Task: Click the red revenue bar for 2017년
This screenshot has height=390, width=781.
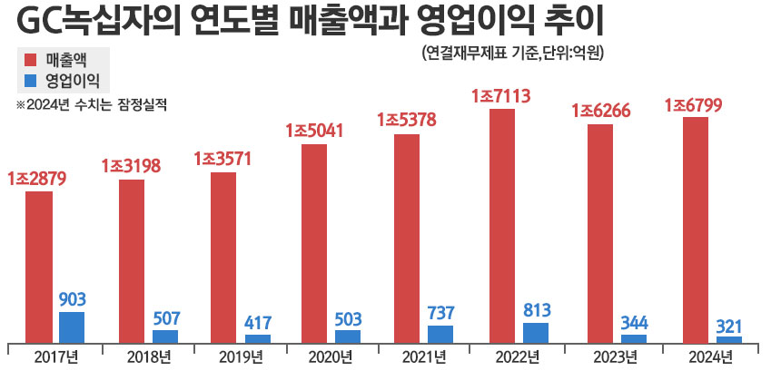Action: tap(38, 267)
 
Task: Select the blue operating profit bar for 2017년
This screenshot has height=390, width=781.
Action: tap(72, 327)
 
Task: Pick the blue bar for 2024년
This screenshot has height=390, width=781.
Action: tap(728, 339)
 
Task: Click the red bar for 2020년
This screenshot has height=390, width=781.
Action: tap(314, 243)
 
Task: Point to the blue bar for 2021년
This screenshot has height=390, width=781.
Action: tap(440, 334)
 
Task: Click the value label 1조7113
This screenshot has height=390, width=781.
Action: tap(500, 95)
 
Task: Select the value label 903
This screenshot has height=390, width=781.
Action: tap(72, 299)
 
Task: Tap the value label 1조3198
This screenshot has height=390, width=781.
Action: tap(131, 166)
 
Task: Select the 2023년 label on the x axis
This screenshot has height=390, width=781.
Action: tap(615, 356)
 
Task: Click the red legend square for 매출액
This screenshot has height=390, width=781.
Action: tap(29, 60)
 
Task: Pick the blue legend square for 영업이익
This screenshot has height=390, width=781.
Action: tap(29, 81)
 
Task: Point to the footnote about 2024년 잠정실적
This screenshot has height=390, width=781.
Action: tap(92, 103)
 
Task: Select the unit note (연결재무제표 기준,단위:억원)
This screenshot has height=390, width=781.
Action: tap(513, 53)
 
